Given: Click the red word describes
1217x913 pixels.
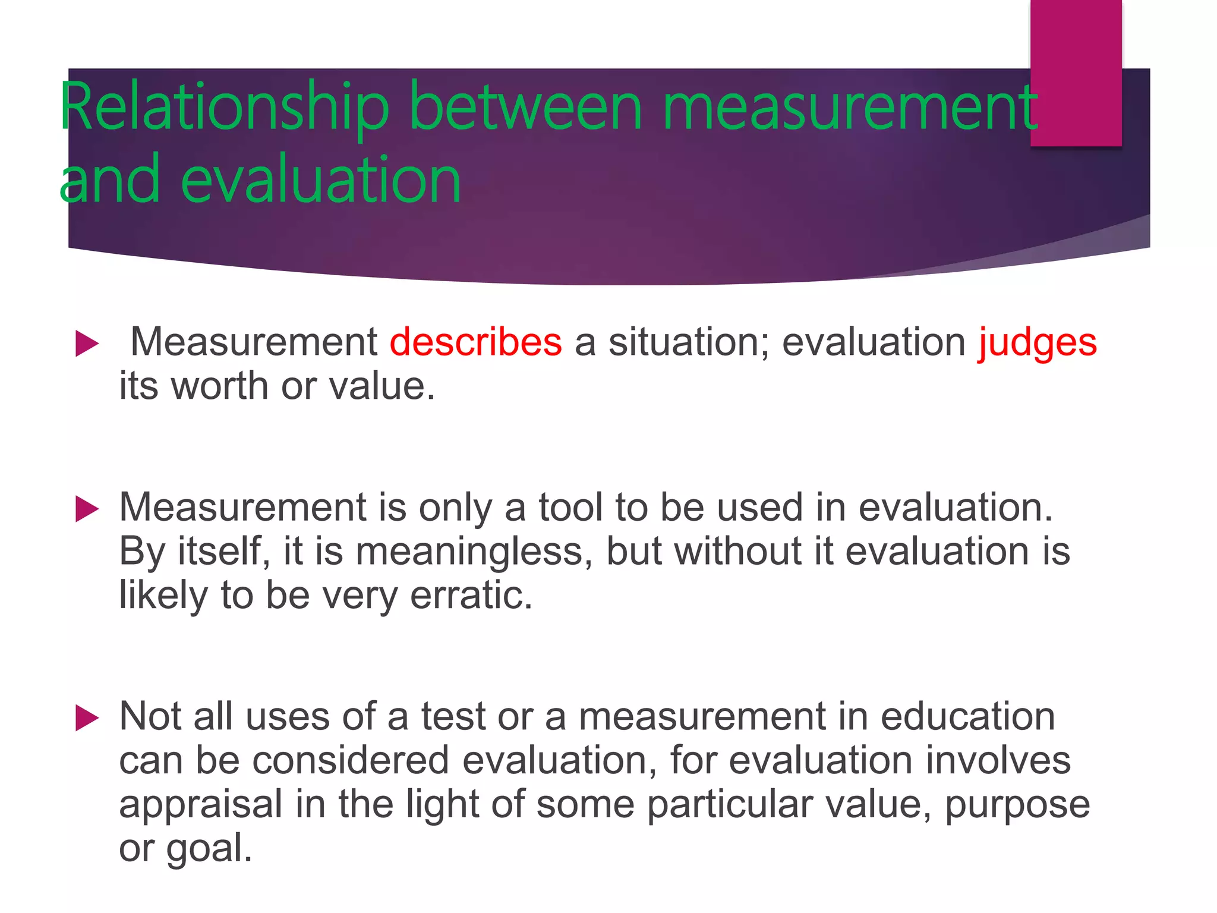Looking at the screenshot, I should tap(475, 342).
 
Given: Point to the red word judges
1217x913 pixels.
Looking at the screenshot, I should tap(1037, 344).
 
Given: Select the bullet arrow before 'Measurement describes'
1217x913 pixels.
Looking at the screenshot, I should tap(87, 344).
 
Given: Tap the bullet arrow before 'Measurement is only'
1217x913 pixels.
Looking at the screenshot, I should tap(87, 509).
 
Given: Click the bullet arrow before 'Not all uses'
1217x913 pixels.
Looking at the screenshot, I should tap(87, 718).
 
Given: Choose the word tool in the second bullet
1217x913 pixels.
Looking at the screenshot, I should tap(570, 508).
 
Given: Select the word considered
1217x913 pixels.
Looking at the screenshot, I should tap(351, 760).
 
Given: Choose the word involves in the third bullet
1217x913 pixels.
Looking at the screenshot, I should tap(998, 760).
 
